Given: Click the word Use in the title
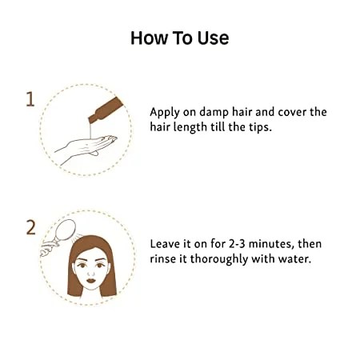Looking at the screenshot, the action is pyautogui.click(x=213, y=38).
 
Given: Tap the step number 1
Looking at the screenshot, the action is pyautogui.click(x=30, y=99).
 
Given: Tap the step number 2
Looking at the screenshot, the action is pyautogui.click(x=30, y=227).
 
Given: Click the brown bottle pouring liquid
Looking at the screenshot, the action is pyautogui.click(x=106, y=110).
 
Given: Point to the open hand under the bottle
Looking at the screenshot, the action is pyautogui.click(x=86, y=148).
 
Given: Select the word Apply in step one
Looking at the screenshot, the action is pyautogui.click(x=165, y=113).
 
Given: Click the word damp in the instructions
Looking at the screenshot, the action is pyautogui.click(x=214, y=113).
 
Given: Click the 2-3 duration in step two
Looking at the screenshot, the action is pyautogui.click(x=237, y=244).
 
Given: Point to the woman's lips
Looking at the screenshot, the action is pyautogui.click(x=91, y=281).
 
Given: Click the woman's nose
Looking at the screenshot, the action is pyautogui.click(x=91, y=272).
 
